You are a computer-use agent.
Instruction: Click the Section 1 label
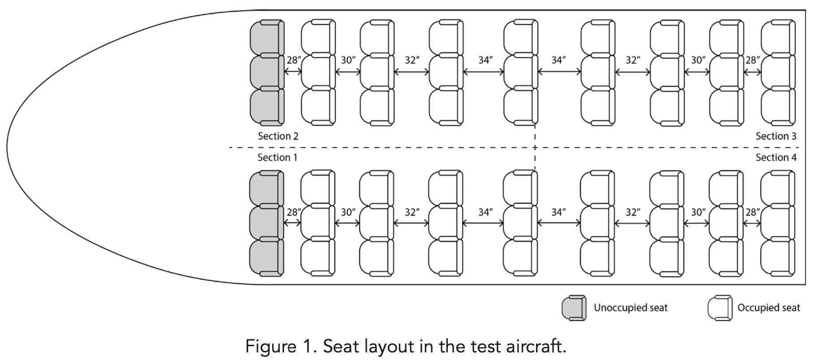(x=277, y=158)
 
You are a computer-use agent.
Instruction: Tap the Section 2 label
(x=278, y=136)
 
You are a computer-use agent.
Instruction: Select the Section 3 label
(x=776, y=136)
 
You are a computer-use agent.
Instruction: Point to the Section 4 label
(x=776, y=158)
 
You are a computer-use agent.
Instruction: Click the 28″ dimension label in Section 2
(x=293, y=60)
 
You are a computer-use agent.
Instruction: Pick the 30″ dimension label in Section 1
(x=348, y=212)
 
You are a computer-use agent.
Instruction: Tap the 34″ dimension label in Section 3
(x=558, y=60)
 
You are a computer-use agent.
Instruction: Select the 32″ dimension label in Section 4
(x=632, y=212)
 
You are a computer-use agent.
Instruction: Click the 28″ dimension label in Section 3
(x=752, y=60)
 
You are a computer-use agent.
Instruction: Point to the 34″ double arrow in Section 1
(x=483, y=223)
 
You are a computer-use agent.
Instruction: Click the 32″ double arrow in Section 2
(x=412, y=71)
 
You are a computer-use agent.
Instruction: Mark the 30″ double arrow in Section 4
(x=697, y=223)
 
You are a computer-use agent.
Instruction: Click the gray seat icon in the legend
(x=574, y=308)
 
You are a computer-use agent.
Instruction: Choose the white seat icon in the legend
(x=720, y=308)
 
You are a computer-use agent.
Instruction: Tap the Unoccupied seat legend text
(x=630, y=308)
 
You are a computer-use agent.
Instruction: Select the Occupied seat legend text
(x=768, y=308)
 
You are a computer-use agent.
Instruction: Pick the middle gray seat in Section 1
(x=266, y=223)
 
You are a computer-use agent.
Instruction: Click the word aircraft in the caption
(x=536, y=347)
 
